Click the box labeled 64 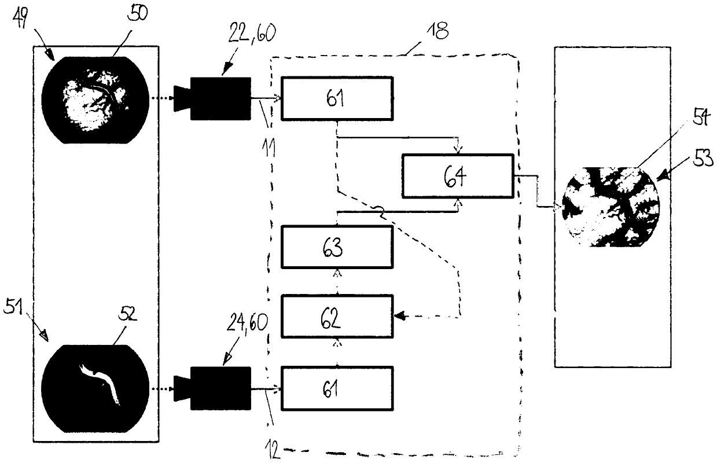458,176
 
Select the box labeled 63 337,247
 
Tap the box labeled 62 337,317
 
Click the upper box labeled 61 337,98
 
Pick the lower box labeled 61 337,388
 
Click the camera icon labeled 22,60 212,98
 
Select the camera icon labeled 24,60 212,388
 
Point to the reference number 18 437,31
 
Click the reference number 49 20,17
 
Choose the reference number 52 127,314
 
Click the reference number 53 703,157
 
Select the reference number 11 269,148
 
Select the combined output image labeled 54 611,207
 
